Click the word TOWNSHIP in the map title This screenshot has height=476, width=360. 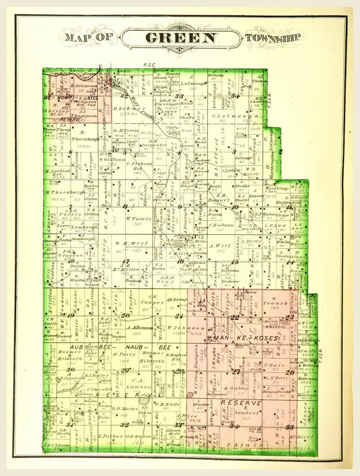(x=274, y=38)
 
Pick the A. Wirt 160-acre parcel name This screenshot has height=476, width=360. (x=217, y=246)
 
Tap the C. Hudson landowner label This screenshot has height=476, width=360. (x=222, y=225)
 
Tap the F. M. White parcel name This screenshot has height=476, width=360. (x=167, y=404)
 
